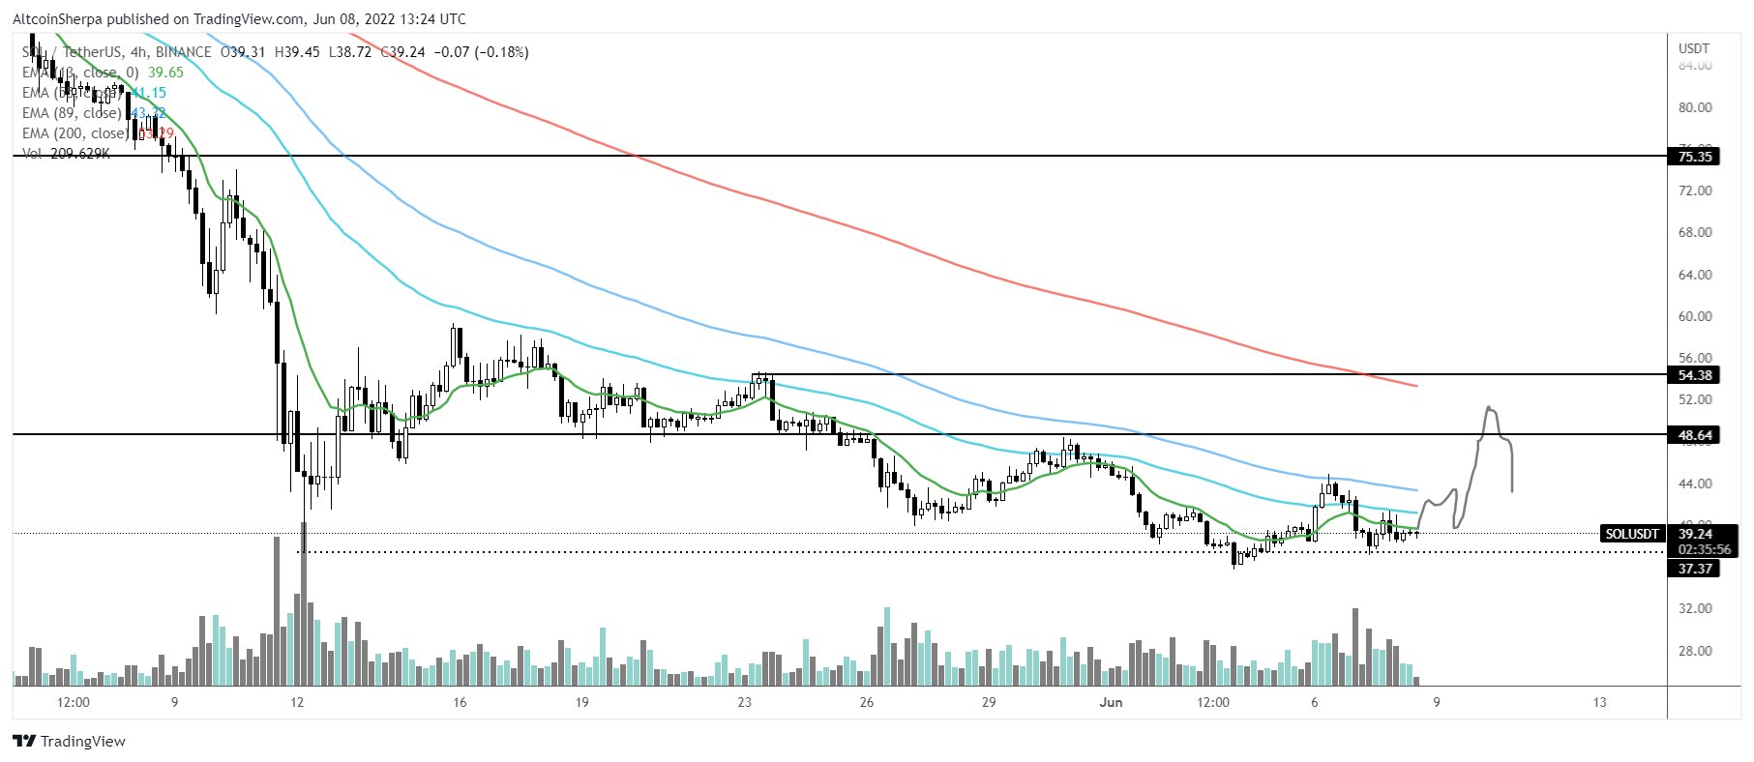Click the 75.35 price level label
click(x=1694, y=157)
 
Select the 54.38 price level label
click(x=1694, y=375)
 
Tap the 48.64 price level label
click(x=1694, y=435)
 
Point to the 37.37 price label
click(x=1694, y=569)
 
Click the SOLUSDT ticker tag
click(x=1631, y=534)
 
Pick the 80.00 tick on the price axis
click(x=1695, y=107)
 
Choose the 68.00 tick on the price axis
click(x=1695, y=232)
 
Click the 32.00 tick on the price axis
click(x=1695, y=608)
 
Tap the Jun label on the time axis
click(x=1111, y=702)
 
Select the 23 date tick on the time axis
click(x=744, y=702)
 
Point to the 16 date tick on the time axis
click(x=460, y=702)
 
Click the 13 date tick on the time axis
click(x=1599, y=702)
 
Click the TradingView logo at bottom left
click(x=70, y=742)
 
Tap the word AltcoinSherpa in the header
click(x=58, y=18)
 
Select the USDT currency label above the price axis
click(x=1694, y=48)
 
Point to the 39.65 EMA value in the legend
click(x=165, y=73)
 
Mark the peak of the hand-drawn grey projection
click(x=1490, y=408)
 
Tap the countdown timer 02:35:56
click(x=1704, y=549)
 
